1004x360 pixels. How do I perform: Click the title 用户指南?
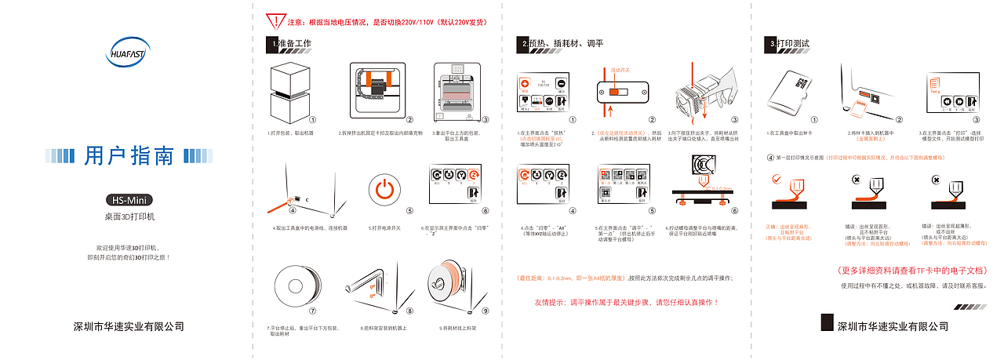(129, 157)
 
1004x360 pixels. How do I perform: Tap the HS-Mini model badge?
(129, 199)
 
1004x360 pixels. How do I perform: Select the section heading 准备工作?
(294, 44)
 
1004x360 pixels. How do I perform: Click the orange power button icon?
(384, 190)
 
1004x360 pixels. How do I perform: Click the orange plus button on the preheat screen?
(525, 84)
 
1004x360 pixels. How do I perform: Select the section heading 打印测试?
(793, 44)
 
